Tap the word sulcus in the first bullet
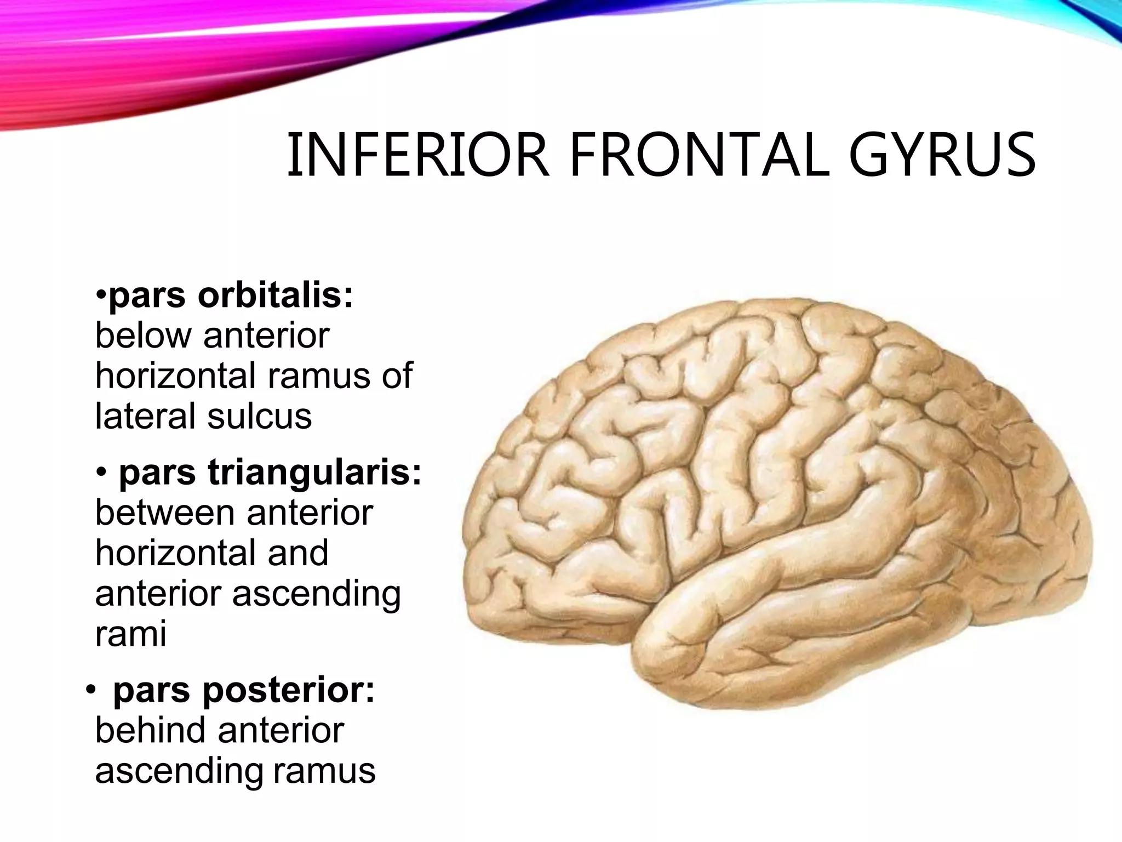pos(259,416)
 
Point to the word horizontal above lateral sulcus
pos(176,376)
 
